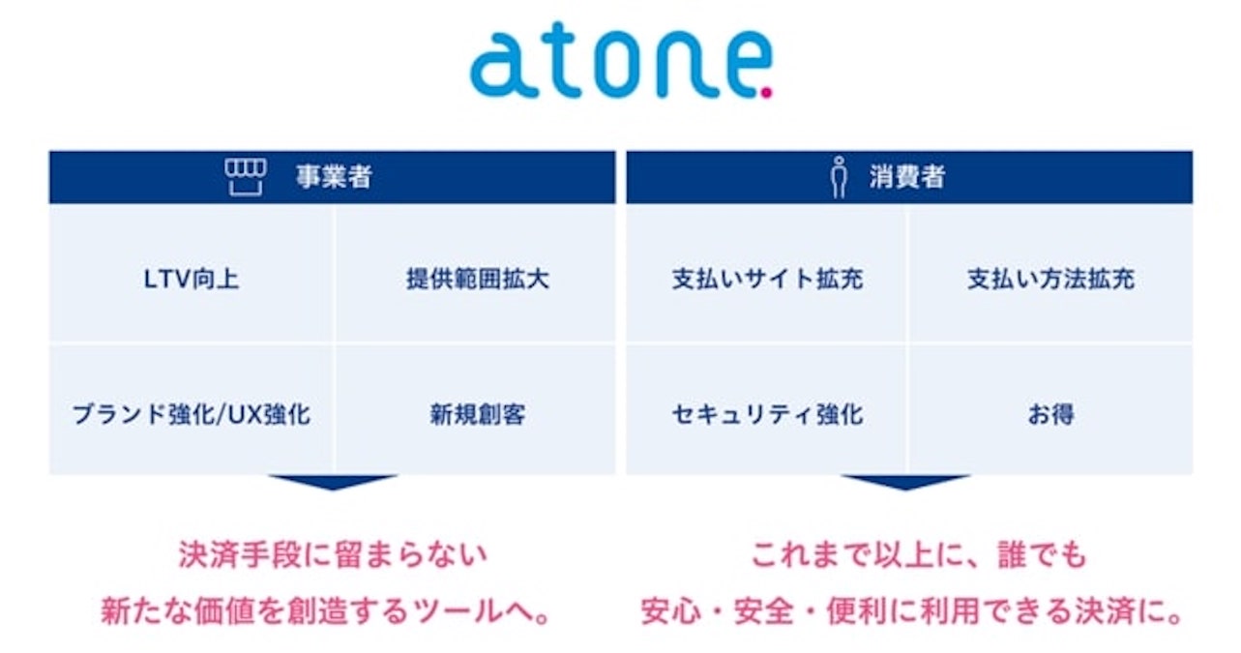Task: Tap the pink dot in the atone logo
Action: [766, 94]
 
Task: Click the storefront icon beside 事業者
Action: [246, 177]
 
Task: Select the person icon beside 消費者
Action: [839, 178]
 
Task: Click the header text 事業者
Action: [334, 178]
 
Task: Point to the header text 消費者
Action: [906, 178]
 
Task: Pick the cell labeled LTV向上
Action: [191, 280]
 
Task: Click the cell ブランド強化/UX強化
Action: [191, 415]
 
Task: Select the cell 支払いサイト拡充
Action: [767, 280]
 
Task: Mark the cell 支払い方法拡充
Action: [1050, 280]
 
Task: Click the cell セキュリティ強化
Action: [767, 415]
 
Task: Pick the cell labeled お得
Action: [1050, 415]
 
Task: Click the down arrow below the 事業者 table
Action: [332, 482]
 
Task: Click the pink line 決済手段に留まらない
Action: [333, 555]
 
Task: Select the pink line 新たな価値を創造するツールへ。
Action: [333, 611]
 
